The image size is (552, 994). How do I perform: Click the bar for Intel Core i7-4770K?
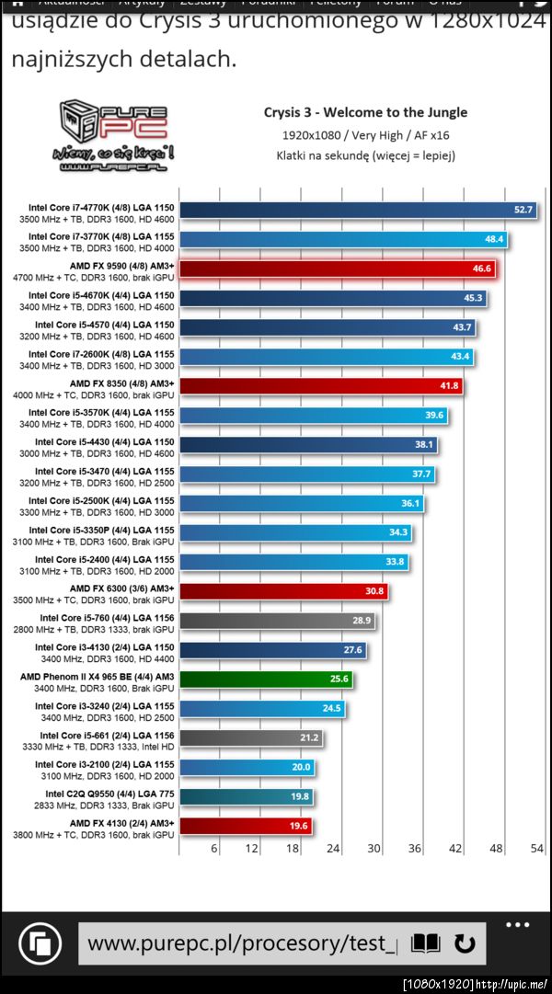point(350,210)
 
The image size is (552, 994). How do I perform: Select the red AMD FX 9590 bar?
point(331,268)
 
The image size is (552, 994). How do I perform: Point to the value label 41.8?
point(448,386)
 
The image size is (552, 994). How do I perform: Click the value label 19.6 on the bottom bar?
point(298,826)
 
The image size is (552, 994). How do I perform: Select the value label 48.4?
point(494,239)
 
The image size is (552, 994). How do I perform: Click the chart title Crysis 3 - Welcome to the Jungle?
point(365,112)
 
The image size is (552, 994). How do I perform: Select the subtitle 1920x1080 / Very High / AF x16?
point(365,135)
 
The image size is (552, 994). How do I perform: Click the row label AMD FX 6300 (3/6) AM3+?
point(121,588)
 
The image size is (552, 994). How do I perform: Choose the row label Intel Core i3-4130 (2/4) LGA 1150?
point(104,647)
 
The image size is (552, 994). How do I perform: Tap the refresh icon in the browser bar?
point(465,943)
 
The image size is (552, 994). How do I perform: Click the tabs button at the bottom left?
point(40,943)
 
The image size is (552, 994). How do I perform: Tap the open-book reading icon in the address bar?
point(425,943)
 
